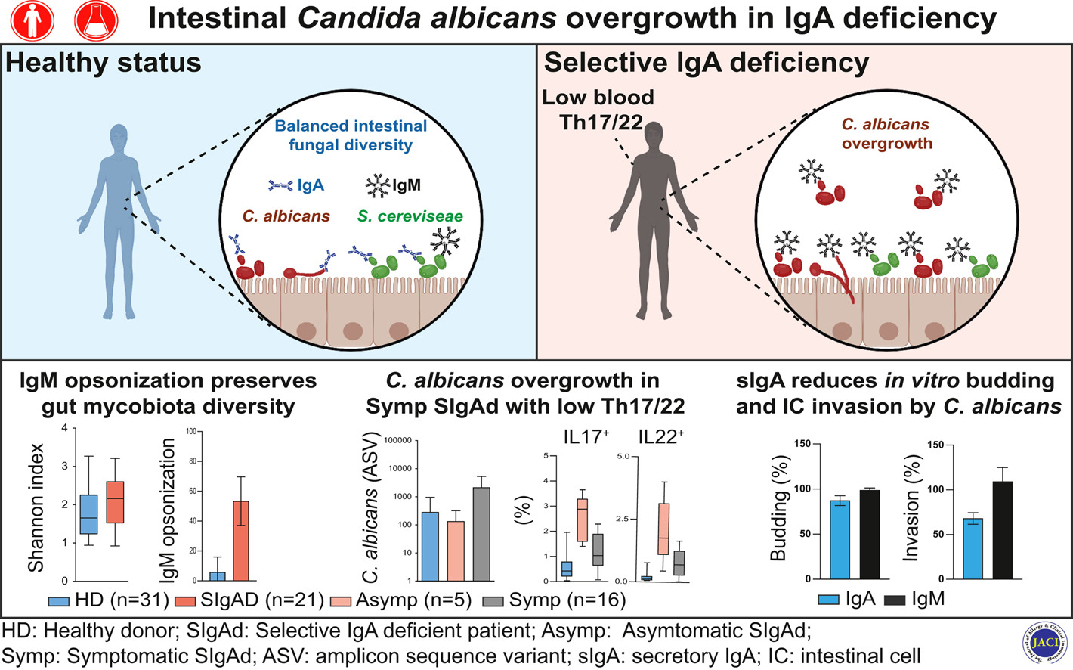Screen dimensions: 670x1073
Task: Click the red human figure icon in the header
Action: (32, 19)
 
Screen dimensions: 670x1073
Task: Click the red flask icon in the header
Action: (96, 19)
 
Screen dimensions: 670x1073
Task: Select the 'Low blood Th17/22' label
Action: (598, 110)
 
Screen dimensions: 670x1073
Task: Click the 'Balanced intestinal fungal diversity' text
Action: (351, 135)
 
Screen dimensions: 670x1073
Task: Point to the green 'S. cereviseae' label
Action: (410, 216)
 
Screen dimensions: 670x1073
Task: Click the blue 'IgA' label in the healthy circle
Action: (310, 185)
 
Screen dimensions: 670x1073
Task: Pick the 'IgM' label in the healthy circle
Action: (407, 185)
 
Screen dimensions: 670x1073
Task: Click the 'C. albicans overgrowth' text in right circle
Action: (886, 134)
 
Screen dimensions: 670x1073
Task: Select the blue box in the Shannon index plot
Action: (88, 514)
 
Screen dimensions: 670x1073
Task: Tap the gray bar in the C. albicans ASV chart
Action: (481, 534)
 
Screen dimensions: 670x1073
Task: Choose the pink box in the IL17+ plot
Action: (582, 520)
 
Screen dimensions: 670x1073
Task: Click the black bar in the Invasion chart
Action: (1002, 530)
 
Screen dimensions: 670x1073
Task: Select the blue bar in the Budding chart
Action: (840, 540)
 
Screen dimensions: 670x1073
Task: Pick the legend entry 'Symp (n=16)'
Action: (554, 600)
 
